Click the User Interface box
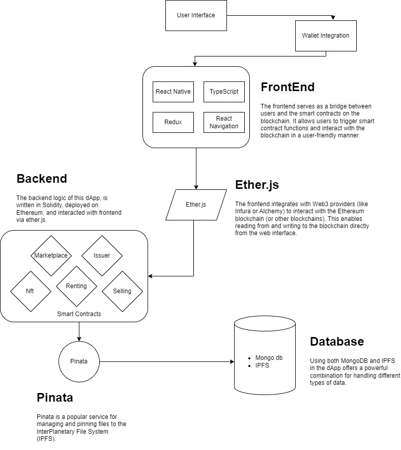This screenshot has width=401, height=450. [x=196, y=15]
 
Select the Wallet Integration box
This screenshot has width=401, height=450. [x=325, y=36]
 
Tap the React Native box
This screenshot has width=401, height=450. [x=173, y=92]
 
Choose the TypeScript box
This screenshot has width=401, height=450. [x=224, y=92]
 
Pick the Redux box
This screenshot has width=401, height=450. [x=173, y=122]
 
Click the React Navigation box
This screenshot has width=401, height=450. [x=224, y=122]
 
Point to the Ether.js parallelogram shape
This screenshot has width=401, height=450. [x=196, y=205]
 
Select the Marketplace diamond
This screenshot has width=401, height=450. [x=51, y=256]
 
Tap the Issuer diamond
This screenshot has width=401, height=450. [x=102, y=256]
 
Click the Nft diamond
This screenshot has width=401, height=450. [x=30, y=291]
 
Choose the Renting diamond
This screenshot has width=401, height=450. [x=76, y=286]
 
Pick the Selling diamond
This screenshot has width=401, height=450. [x=122, y=291]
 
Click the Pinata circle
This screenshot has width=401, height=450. [x=79, y=361]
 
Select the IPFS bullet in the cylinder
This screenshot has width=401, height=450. [x=262, y=365]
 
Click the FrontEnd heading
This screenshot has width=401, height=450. [x=288, y=87]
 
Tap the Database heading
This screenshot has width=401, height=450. [x=336, y=341]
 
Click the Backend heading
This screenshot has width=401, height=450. [x=42, y=179]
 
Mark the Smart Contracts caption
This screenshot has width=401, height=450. [x=79, y=314]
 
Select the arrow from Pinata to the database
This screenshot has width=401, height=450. [x=163, y=362]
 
